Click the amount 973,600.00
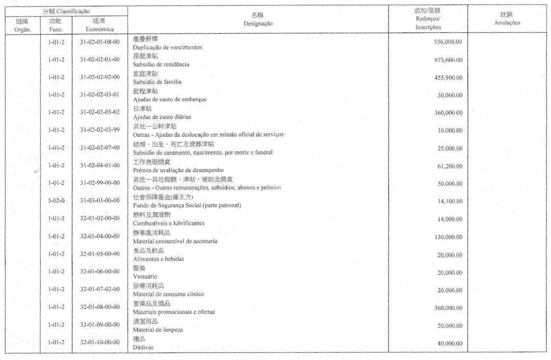(448, 60)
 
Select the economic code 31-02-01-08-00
(100, 42)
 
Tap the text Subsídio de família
(157, 82)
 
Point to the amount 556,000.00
(448, 42)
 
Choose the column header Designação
(258, 24)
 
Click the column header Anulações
(507, 23)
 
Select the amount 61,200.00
(450, 166)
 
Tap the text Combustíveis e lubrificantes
(169, 223)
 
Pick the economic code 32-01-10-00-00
(100, 342)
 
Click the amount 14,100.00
(450, 201)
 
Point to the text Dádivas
(143, 347)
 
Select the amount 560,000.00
(448, 308)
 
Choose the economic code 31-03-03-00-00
(100, 201)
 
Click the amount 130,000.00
(448, 237)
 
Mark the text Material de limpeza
(158, 330)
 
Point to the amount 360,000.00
(448, 113)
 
